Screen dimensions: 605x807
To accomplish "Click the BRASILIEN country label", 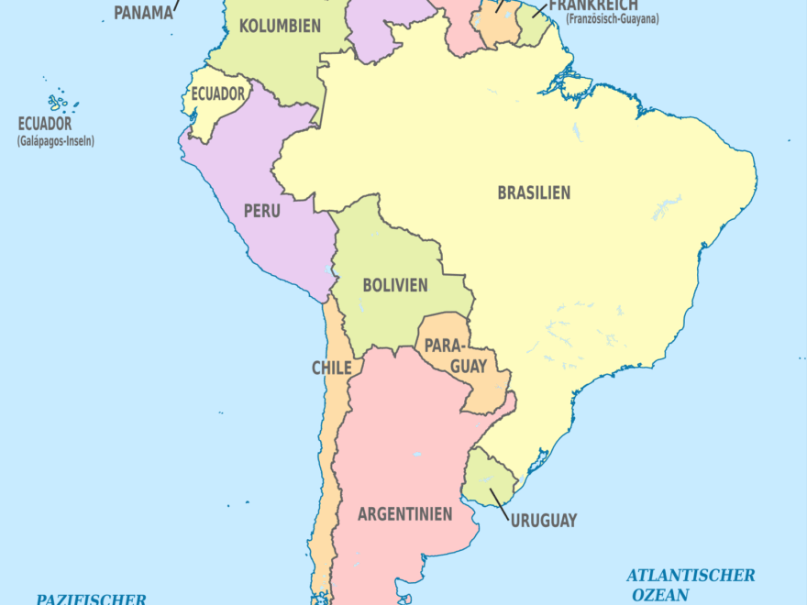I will point(534,193).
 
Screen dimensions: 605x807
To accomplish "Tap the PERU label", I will point(261,211).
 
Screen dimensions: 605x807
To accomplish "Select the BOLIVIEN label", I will point(394,285).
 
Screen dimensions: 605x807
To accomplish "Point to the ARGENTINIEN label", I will point(404,514).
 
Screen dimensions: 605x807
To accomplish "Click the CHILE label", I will point(331,368).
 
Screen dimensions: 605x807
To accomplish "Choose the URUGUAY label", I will point(544,521).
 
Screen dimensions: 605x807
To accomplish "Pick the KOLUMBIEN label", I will point(280,26).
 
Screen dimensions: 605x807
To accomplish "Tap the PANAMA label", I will point(143,13).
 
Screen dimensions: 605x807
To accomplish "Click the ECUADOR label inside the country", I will point(218,93).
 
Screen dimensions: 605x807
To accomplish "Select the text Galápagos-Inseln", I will point(55,141).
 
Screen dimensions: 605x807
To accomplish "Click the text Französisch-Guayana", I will point(613,19).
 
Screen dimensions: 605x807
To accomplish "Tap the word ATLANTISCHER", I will point(691,576).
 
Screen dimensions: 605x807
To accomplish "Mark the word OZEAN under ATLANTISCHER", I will point(660,595).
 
